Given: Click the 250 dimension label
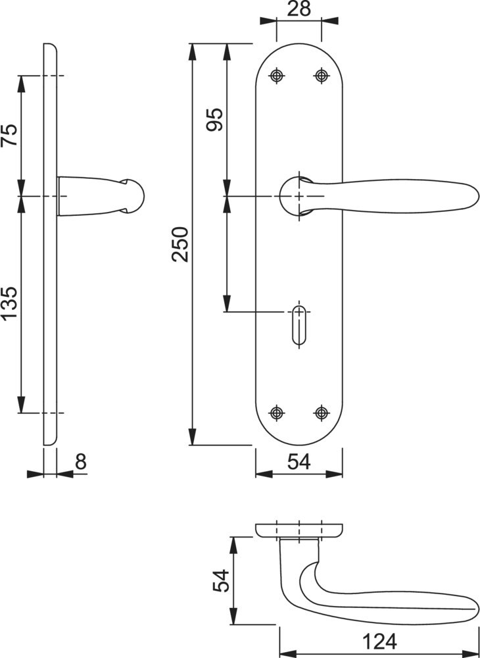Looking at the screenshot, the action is coord(180,244).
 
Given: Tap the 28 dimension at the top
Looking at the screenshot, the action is coord(299,9).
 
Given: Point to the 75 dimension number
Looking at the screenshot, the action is coord(10,135).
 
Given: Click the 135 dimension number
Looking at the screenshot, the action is coord(10,303).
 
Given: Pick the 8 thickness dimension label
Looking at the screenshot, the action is coord(81,462).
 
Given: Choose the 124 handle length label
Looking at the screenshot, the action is coord(379,642).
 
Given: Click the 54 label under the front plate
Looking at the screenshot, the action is coord(299,462).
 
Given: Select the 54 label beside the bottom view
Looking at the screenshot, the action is coord(221,580).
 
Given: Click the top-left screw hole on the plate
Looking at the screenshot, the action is coord(277,76).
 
